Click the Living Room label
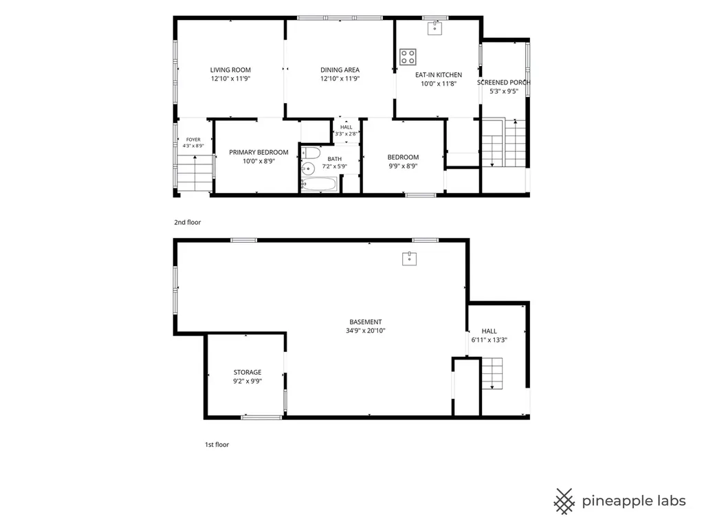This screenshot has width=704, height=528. click(x=230, y=70)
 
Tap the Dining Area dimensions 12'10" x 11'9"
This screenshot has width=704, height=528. click(x=340, y=78)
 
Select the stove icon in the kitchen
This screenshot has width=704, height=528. click(x=408, y=57)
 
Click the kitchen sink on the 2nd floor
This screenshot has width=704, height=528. click(x=434, y=27)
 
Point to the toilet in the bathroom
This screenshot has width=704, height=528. click(x=310, y=153)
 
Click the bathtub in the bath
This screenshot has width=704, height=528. click(x=319, y=184)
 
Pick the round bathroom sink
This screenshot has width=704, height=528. click(x=307, y=169)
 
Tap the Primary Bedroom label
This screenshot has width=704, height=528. click(x=258, y=153)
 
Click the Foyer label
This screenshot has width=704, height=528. click(x=193, y=140)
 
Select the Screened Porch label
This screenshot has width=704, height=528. click(x=504, y=82)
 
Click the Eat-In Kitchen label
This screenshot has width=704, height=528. click(x=439, y=75)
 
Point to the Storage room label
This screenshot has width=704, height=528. click(x=247, y=372)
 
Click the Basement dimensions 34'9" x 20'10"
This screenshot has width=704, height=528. click(x=366, y=331)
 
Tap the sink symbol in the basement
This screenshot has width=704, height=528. click(x=410, y=258)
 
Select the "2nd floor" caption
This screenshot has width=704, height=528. click(x=188, y=222)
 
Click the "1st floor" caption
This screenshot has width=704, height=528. click(x=217, y=445)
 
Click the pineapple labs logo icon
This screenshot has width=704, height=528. click(x=564, y=501)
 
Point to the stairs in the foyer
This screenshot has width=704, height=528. click(x=195, y=173)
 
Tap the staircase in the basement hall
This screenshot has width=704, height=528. click(x=492, y=373)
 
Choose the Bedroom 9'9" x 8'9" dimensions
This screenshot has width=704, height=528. click(x=403, y=166)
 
